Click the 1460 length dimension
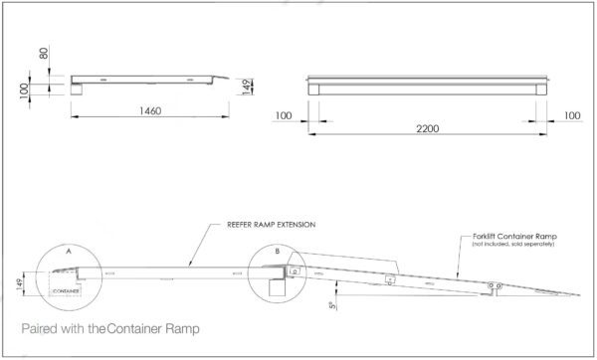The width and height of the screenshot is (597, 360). click(151, 109)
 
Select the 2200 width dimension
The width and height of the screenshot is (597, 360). click(430, 129)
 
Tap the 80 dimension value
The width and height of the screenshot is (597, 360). click(42, 52)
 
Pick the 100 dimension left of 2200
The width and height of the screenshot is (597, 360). click(284, 116)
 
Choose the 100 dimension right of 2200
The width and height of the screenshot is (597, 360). click(571, 116)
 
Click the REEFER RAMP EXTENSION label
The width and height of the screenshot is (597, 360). click(269, 225)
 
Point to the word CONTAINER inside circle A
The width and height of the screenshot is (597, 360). click(68, 290)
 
